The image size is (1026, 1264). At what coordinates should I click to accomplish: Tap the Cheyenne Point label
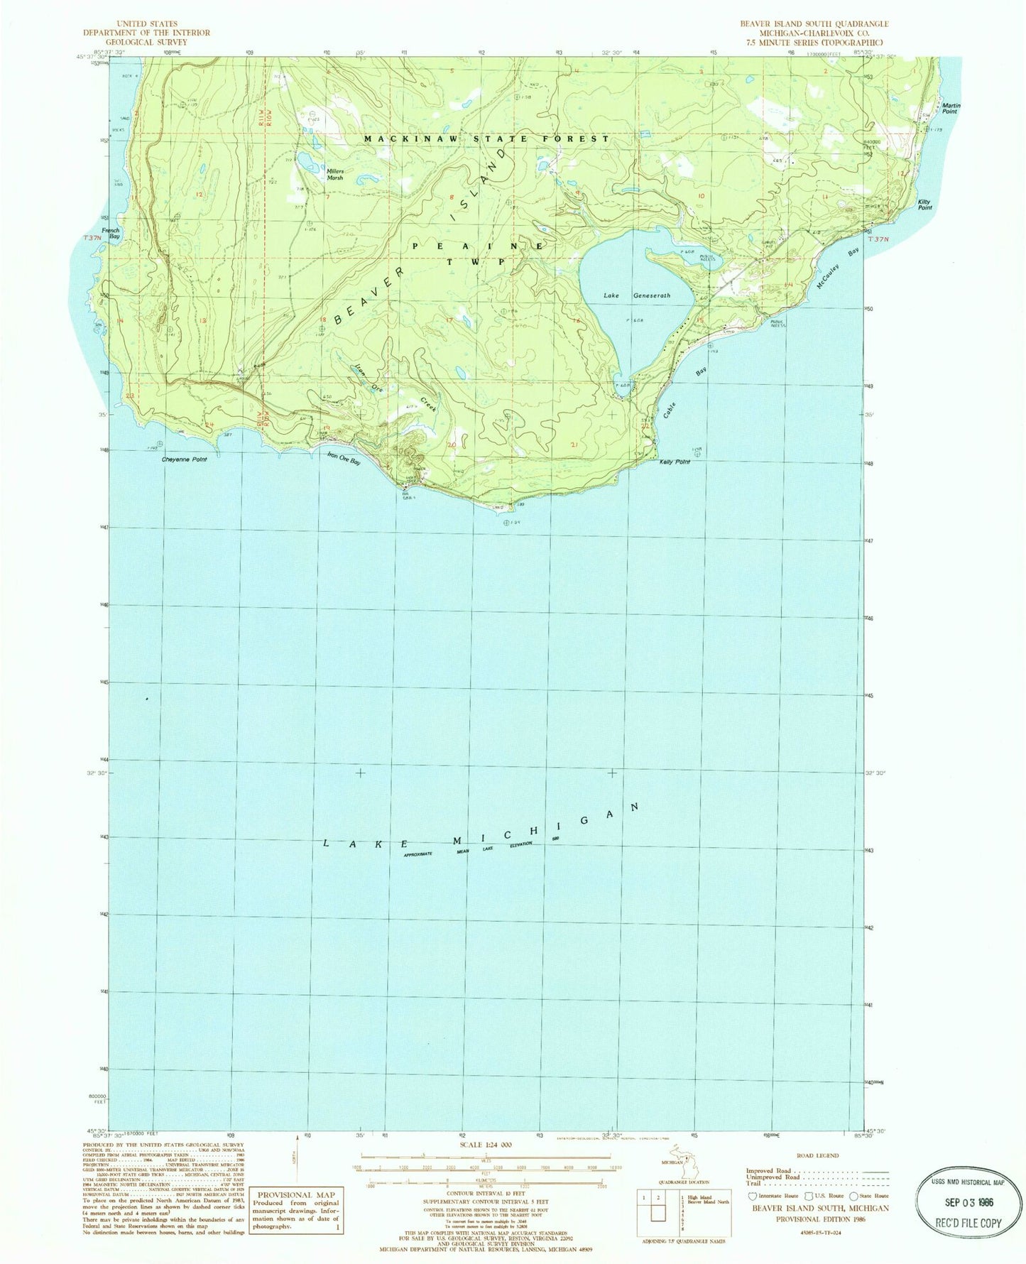[x=185, y=459]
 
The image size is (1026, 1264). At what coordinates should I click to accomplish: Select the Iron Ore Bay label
[x=344, y=459]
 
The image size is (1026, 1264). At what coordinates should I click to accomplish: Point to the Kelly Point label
[x=674, y=462]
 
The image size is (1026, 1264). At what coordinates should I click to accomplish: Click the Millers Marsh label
[x=334, y=174]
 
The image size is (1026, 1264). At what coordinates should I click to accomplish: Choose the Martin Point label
[x=950, y=109]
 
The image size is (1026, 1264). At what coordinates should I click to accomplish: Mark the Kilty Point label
[x=924, y=205]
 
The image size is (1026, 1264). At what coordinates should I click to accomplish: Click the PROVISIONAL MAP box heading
[x=292, y=1195]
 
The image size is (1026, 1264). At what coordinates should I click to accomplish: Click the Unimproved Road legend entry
[x=774, y=1177]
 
